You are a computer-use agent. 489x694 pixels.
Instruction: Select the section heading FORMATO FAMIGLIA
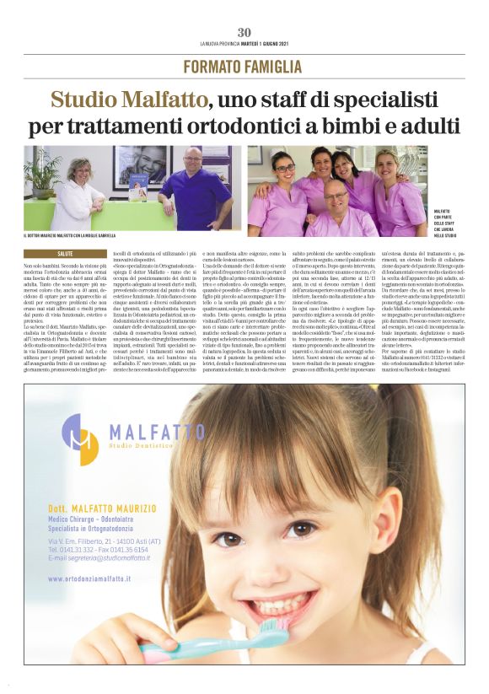click(244, 67)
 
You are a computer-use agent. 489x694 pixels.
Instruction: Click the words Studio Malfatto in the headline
click(127, 100)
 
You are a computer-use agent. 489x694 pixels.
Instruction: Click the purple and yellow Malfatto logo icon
click(80, 438)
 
